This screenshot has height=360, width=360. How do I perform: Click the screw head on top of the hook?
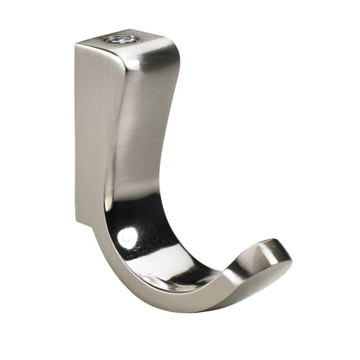pos(122,40)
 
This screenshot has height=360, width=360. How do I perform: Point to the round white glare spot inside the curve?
pos(128,238)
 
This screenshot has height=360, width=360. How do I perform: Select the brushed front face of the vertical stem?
pos(140,105)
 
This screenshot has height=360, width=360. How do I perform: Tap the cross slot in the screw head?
pos(122,40)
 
